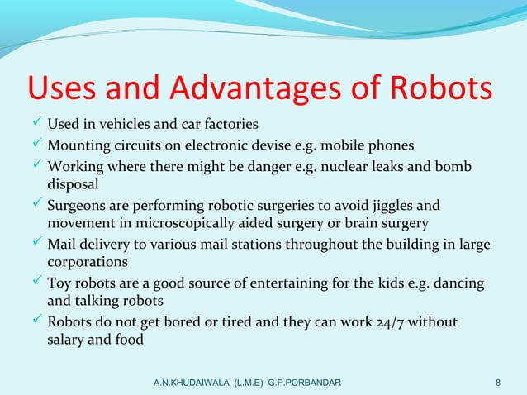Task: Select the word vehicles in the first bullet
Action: (x=128, y=125)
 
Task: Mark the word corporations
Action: (x=87, y=262)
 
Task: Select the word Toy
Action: (x=59, y=283)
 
